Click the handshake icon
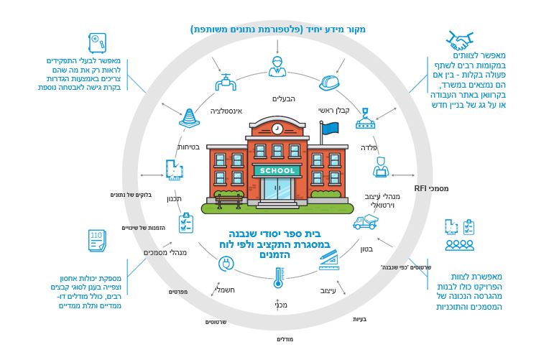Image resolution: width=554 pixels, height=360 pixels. tap(459, 41)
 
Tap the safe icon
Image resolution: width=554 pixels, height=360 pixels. tap(97, 42)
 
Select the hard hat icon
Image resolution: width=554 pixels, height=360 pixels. tap(329, 83)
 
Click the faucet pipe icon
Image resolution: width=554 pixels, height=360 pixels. tap(226, 83)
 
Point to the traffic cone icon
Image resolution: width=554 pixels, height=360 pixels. tap(190, 118)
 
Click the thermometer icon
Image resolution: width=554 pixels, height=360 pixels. tap(278, 277)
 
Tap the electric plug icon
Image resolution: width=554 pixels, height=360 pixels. tap(226, 264)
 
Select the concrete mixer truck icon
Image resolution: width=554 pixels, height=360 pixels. tap(365, 222)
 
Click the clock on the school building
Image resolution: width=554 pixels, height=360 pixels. tap(277, 128)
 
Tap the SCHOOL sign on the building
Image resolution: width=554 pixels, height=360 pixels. tap(277, 170)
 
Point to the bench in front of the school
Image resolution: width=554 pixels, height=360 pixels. tap(228, 201)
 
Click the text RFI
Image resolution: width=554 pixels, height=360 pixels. tap(420, 188)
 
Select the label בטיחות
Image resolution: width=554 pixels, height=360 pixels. tap(188, 147)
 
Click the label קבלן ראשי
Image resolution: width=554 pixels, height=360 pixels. tap(333, 111)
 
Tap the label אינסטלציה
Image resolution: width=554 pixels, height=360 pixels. tap(226, 111)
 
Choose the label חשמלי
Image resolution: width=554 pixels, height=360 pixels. tap(225, 290)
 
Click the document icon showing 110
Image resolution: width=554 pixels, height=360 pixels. tap(97, 240)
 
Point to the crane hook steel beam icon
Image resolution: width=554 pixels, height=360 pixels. tap(365, 119)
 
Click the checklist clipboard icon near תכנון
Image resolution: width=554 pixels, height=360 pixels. tap(186, 223)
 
